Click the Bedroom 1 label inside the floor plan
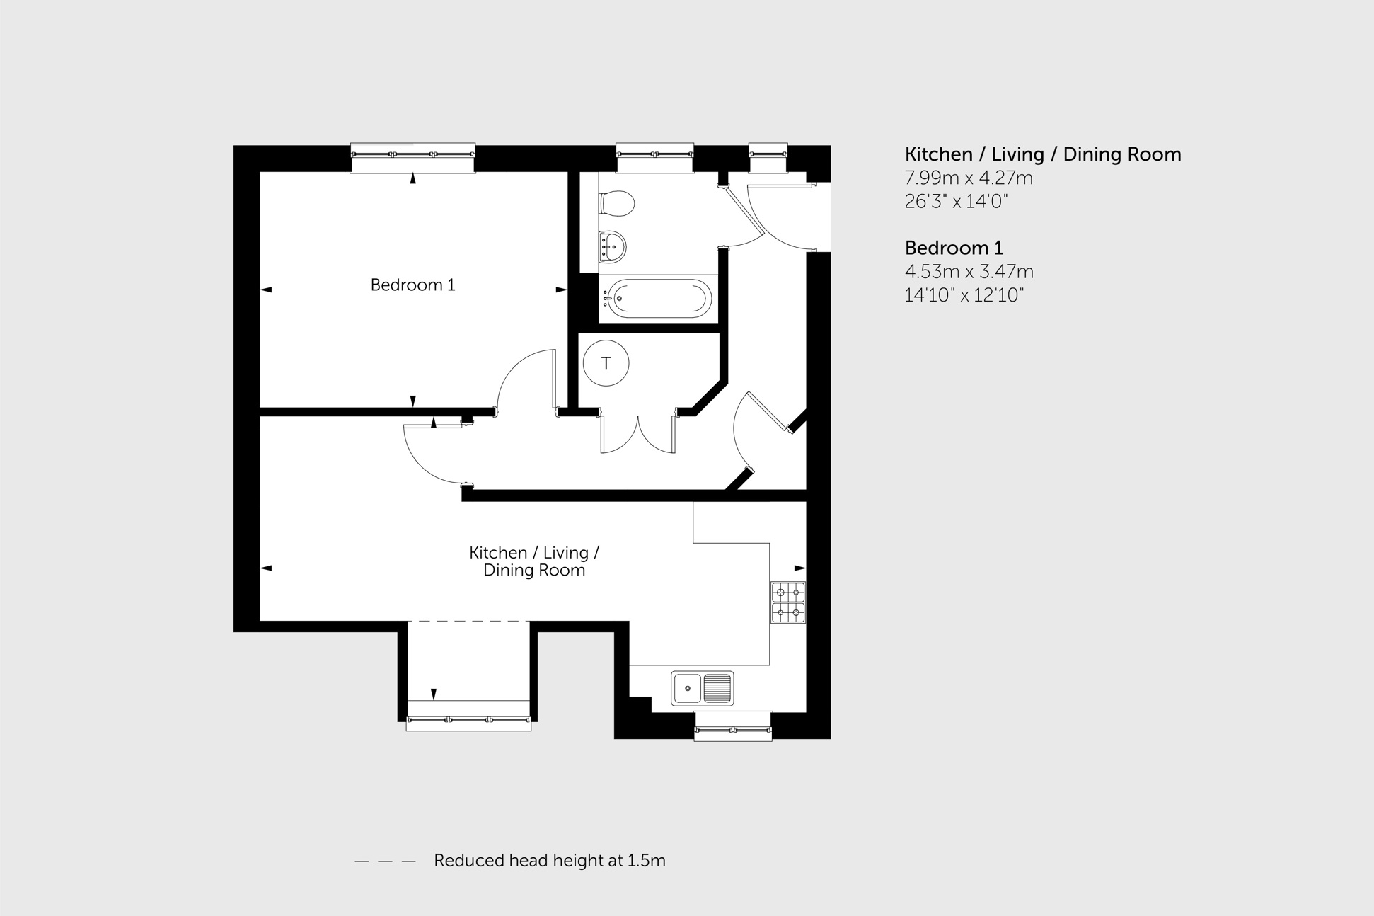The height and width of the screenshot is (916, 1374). coord(412,285)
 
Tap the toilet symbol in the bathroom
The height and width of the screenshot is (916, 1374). coord(617,204)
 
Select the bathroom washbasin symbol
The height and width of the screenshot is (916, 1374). coord(612,247)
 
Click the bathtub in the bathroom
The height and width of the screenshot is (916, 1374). coord(658,298)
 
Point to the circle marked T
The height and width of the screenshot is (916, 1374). coord(606,363)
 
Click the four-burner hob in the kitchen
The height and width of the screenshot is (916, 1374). coord(787,602)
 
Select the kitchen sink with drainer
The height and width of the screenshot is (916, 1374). coord(702,688)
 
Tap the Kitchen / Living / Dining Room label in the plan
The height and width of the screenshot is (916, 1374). coord(534,561)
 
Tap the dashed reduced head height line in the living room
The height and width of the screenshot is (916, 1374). coord(468,622)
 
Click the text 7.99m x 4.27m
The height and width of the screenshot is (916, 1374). coord(968,178)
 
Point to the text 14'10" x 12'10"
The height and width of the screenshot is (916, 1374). coord(964,295)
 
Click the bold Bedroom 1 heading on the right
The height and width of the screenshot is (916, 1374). coord(953,248)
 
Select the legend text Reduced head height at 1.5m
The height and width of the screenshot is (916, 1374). coord(549,861)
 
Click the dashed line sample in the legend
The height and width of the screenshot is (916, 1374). coord(385,861)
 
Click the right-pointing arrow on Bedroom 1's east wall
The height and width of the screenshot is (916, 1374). coord(561,290)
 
